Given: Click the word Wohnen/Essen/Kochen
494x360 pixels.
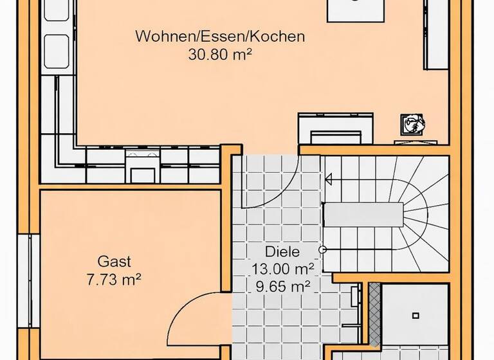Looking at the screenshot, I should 219,37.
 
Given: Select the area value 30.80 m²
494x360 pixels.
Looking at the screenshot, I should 219,55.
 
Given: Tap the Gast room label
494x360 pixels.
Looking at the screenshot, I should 114,262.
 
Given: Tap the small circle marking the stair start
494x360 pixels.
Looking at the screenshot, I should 323,249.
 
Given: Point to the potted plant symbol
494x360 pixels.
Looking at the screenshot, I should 411,123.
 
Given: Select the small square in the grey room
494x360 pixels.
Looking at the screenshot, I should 416,315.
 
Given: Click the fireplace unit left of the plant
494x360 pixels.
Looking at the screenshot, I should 335,128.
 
